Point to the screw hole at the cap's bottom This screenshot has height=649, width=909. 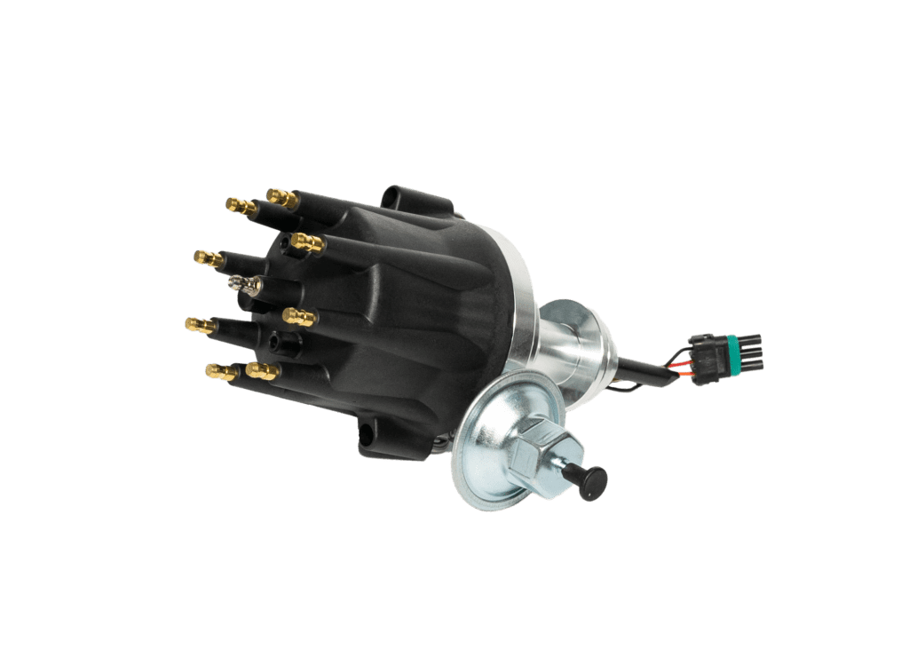point(363,436)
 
